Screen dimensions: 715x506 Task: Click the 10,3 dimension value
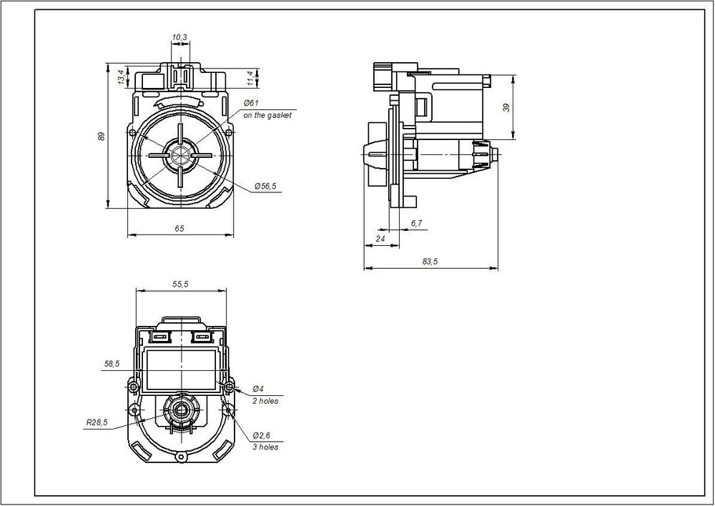179,37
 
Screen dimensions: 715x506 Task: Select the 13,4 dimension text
121,76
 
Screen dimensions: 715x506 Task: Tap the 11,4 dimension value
250,78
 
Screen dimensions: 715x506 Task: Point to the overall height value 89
102,136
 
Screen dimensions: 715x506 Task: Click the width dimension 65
179,229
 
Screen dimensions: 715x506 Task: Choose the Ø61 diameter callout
251,103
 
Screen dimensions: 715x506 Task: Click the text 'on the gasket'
267,115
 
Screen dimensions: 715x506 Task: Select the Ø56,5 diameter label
265,186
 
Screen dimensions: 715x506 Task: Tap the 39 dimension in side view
506,108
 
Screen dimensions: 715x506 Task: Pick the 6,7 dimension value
416,223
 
